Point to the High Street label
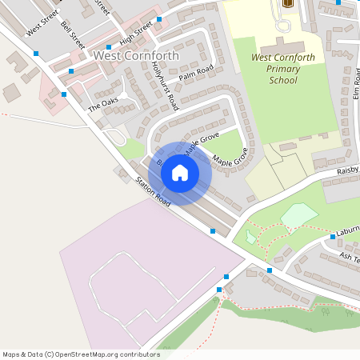point(136,34)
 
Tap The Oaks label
point(102,104)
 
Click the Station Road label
point(153,191)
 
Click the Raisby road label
point(347,170)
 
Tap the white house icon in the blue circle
point(180,172)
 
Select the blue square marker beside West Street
point(36,54)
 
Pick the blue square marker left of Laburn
point(332,237)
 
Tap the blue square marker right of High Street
point(159,19)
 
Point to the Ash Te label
point(350,257)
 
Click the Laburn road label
point(349,229)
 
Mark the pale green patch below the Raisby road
point(298,215)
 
